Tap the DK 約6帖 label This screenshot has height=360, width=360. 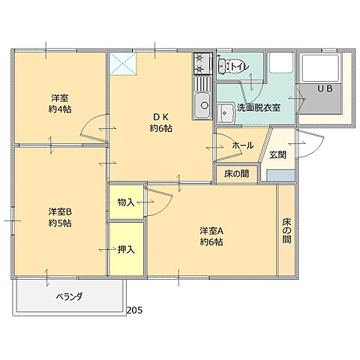click(161, 122)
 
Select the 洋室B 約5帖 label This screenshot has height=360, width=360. click(60, 217)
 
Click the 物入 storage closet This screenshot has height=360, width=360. click(125, 202)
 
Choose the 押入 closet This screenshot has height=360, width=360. click(125, 249)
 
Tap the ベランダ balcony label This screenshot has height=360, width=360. click(70, 296)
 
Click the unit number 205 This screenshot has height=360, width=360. click(134, 309)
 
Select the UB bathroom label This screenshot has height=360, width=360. click(324, 88)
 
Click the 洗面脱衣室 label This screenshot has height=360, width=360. click(259, 108)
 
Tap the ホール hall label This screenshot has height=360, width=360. click(241, 145)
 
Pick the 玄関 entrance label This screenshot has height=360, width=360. click(277, 154)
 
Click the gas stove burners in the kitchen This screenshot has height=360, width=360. click(202, 64)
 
